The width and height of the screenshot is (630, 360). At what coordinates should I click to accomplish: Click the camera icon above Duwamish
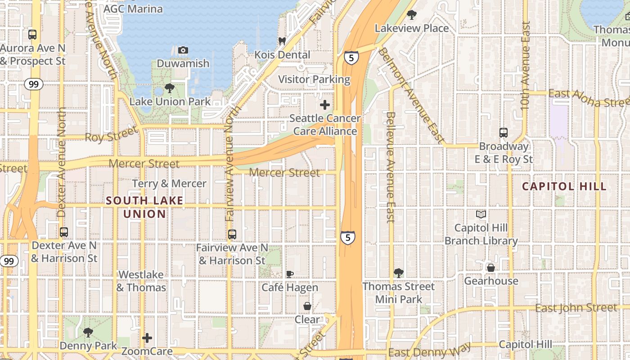point(183,50)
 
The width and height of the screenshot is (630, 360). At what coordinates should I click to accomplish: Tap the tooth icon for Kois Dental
point(282,41)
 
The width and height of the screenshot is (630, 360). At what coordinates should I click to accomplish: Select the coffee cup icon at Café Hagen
point(290,274)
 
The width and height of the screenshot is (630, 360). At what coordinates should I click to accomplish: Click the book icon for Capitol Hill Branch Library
point(481,214)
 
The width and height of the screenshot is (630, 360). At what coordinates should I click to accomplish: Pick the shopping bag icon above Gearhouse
point(491,268)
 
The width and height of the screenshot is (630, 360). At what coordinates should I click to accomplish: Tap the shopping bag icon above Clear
point(307,306)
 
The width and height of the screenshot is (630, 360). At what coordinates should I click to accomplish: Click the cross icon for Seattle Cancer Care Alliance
point(324,105)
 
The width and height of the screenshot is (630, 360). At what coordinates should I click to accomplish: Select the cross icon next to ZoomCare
point(147,338)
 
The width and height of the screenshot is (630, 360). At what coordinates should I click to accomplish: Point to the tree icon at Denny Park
point(88,333)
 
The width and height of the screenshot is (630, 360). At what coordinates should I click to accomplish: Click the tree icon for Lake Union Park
point(170,88)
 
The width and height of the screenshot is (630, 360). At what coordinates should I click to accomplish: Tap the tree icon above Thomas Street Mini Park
point(398,273)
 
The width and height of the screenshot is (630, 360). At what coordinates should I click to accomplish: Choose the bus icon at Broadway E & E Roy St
point(504,133)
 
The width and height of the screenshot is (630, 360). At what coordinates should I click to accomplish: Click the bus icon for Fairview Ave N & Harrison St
point(232,234)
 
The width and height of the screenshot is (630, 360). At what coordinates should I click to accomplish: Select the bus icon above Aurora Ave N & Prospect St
point(32,34)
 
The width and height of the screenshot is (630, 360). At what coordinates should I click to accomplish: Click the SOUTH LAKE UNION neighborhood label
point(144,207)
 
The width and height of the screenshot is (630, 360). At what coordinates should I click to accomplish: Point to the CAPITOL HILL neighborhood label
point(564,186)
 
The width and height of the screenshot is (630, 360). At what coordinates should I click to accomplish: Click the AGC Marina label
point(133,9)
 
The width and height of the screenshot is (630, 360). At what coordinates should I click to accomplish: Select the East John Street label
point(576,308)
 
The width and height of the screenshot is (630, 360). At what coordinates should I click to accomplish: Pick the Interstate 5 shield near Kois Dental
point(351,57)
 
